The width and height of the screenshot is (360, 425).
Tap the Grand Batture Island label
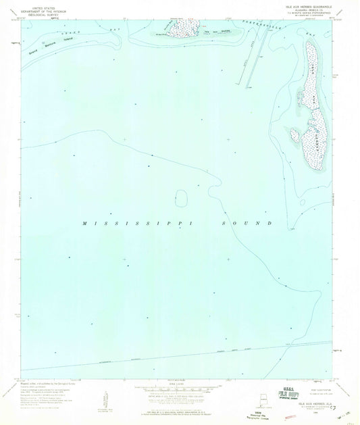53,48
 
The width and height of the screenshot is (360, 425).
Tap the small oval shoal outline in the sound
180,198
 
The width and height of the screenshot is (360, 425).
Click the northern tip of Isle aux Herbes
310,43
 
